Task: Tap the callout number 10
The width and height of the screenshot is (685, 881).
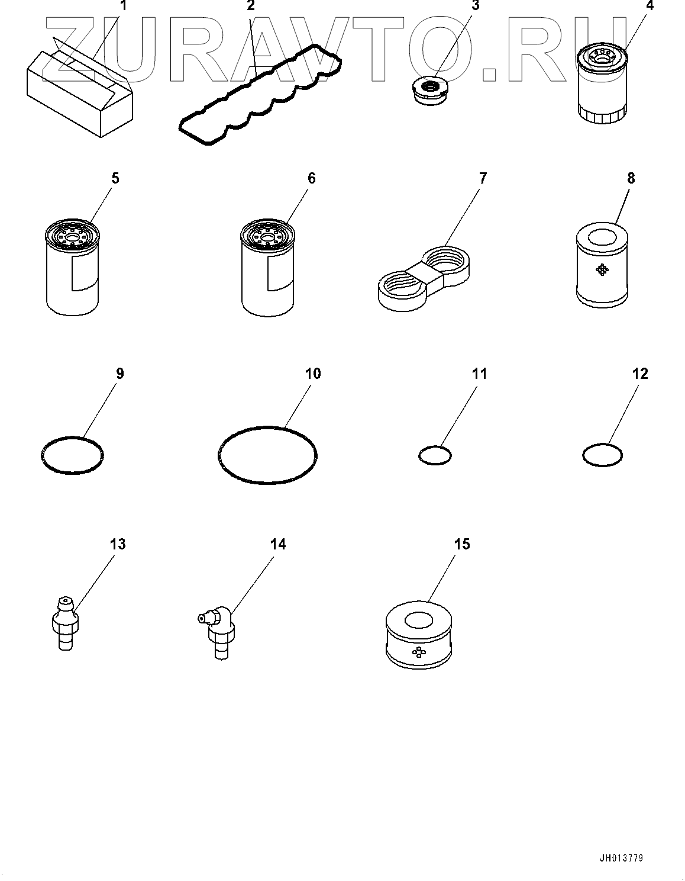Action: [312, 374]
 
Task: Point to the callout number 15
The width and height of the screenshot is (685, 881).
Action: [462, 544]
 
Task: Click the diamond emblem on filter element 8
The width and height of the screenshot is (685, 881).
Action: [602, 270]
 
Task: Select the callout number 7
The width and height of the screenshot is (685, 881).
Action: [483, 178]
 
